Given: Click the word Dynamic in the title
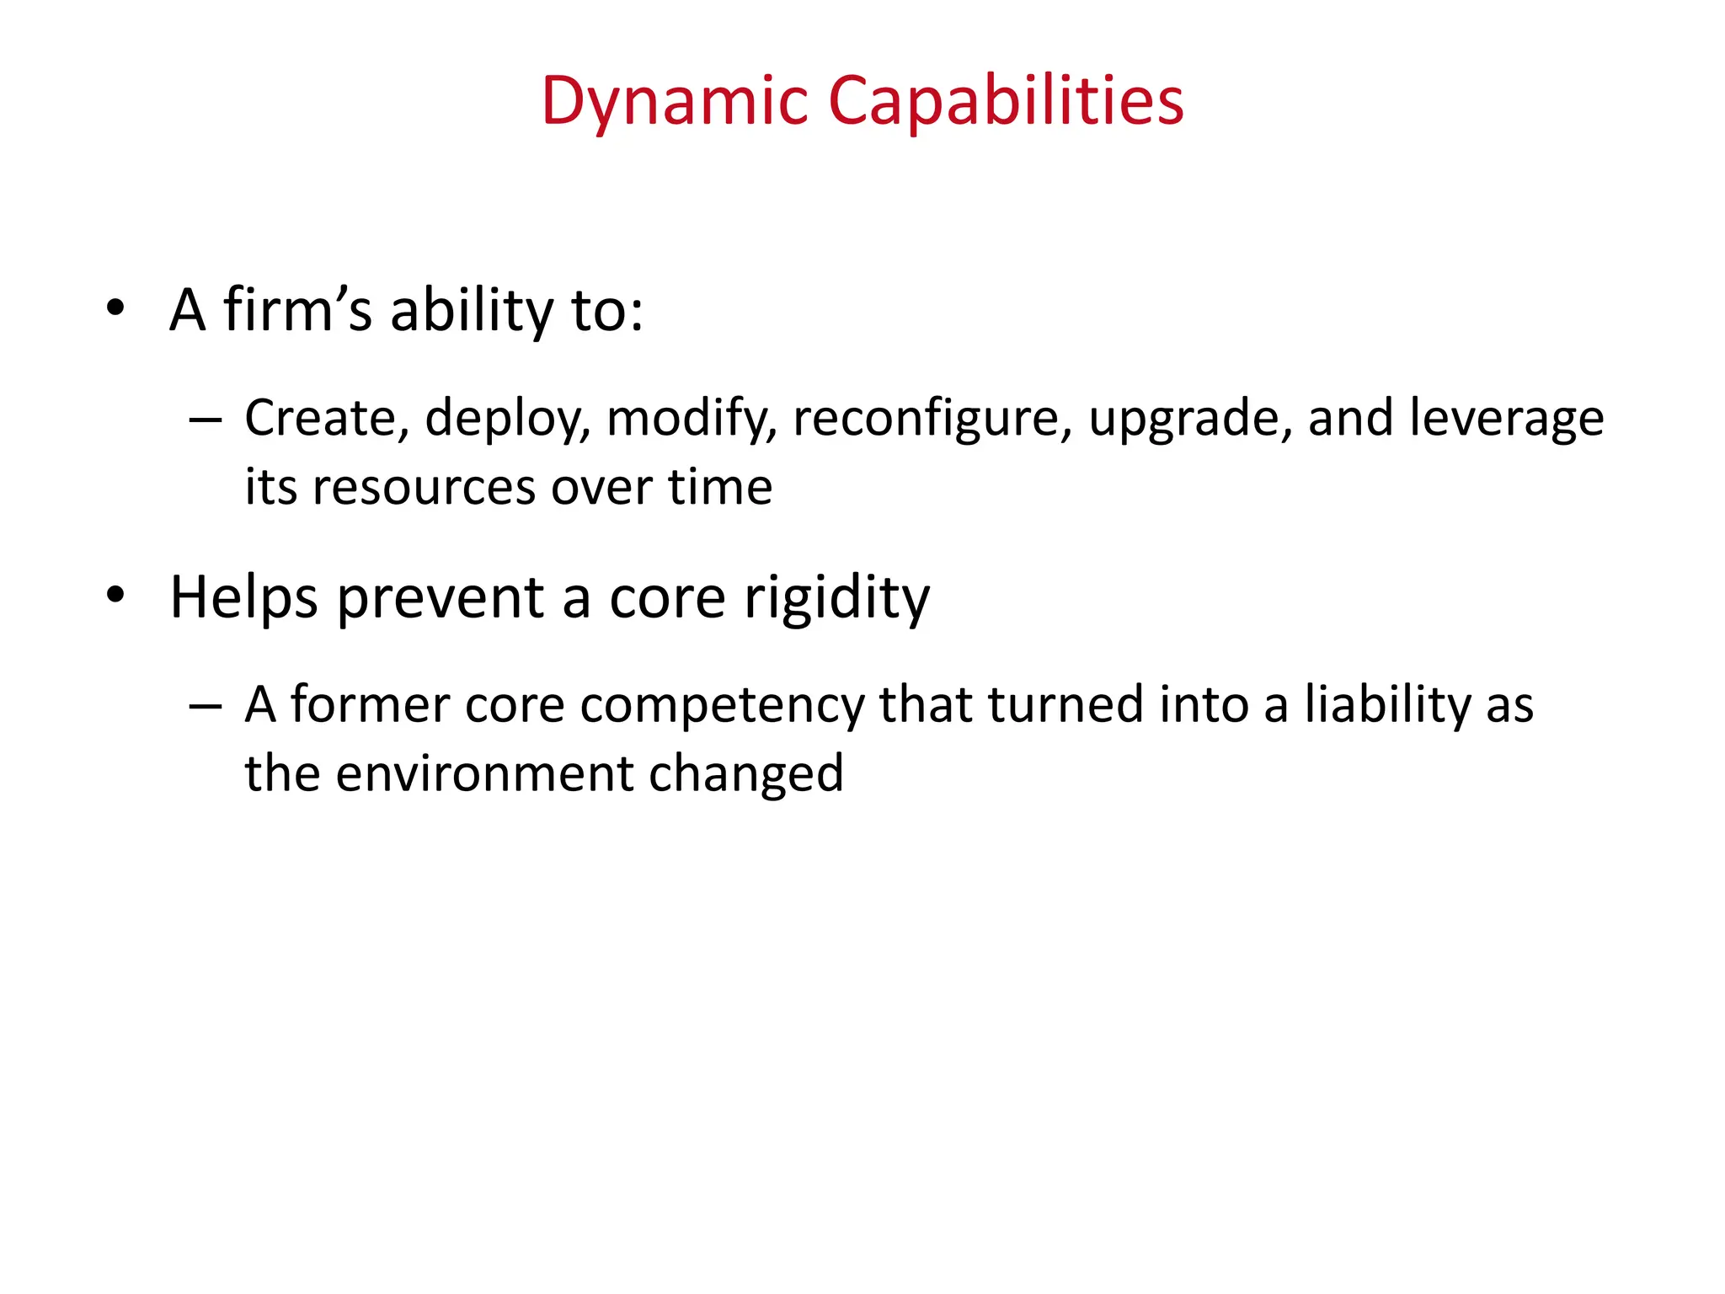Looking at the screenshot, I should [x=675, y=101].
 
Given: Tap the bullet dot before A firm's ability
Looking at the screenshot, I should [x=115, y=307].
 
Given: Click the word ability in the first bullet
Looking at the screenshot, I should [x=472, y=311].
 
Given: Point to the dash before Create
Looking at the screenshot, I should [x=205, y=419].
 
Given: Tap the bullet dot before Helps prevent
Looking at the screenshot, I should [x=115, y=595].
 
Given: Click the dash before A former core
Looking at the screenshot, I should [x=205, y=705].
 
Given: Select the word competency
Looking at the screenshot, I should [x=722, y=706].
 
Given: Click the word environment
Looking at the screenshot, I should [x=484, y=774].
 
